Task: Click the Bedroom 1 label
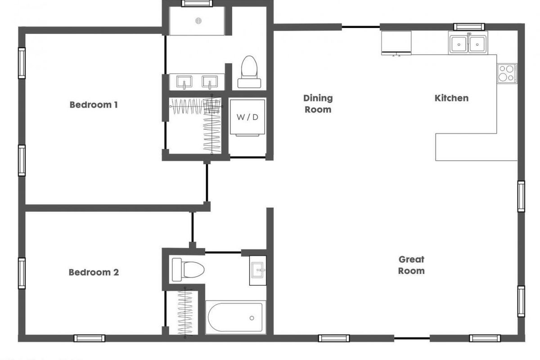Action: (x=94, y=105)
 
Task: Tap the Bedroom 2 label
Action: (x=94, y=272)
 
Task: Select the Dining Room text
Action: (x=318, y=103)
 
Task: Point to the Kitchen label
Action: (x=451, y=98)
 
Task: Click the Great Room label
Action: (x=411, y=265)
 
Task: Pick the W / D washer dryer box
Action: (x=247, y=117)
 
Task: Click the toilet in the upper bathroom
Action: (x=249, y=72)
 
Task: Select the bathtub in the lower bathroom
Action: (x=235, y=317)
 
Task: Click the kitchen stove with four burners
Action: (x=507, y=73)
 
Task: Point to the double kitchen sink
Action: (x=468, y=44)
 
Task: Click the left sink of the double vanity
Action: (x=184, y=82)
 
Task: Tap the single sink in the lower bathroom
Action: (x=258, y=270)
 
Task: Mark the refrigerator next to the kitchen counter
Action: (x=396, y=42)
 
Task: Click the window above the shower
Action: (x=197, y=3)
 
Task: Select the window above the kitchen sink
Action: (x=468, y=26)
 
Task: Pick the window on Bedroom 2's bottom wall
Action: (x=90, y=338)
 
